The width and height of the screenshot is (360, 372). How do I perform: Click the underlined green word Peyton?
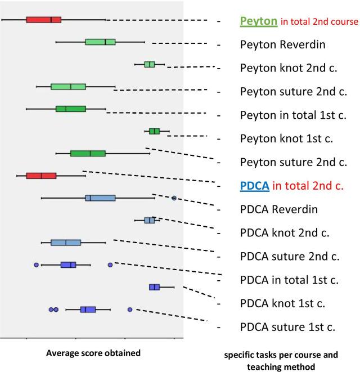(259, 21)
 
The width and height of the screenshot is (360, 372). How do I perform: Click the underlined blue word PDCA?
(254, 185)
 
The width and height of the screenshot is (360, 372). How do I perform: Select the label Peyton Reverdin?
(282, 44)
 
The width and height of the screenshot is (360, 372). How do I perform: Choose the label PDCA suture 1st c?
(287, 326)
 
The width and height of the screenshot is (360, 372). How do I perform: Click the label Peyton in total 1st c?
(292, 115)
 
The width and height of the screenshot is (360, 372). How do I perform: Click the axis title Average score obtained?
(93, 353)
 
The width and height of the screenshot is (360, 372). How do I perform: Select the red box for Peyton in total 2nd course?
(43, 20)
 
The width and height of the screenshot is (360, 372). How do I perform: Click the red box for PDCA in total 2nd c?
(41, 176)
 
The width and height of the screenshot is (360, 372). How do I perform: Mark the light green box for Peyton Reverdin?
(100, 42)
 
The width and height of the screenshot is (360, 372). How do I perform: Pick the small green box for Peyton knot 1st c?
(154, 131)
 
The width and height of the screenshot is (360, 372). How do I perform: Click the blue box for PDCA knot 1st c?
(154, 287)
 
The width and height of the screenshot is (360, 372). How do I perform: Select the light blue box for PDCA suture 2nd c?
(66, 243)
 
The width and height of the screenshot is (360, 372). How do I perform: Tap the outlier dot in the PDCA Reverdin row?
(174, 198)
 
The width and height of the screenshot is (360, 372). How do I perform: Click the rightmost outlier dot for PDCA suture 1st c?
(130, 310)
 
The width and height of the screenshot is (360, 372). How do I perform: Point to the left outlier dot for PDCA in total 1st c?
(37, 265)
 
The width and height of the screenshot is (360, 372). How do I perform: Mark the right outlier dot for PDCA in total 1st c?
(110, 265)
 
